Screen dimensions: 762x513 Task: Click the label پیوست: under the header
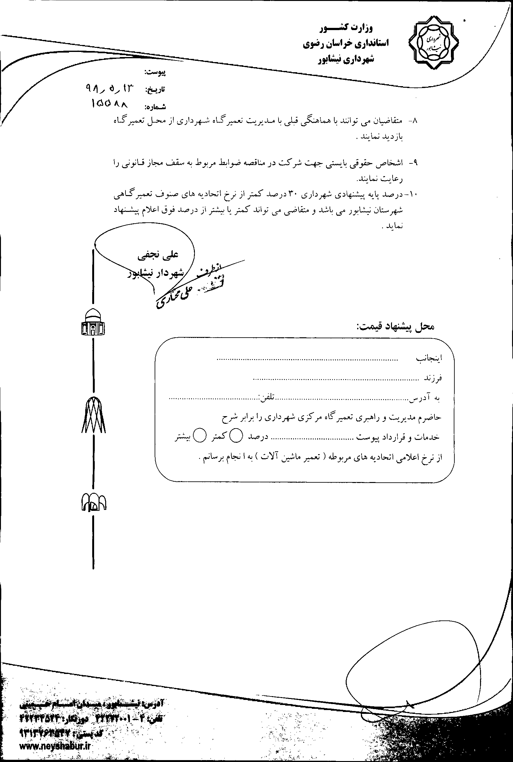tap(155, 73)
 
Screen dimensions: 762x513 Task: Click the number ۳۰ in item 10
tap(292, 194)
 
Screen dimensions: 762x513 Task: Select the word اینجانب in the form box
tap(429, 358)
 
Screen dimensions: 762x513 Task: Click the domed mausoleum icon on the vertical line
tap(93, 323)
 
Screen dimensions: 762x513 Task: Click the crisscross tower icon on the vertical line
tap(93, 415)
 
